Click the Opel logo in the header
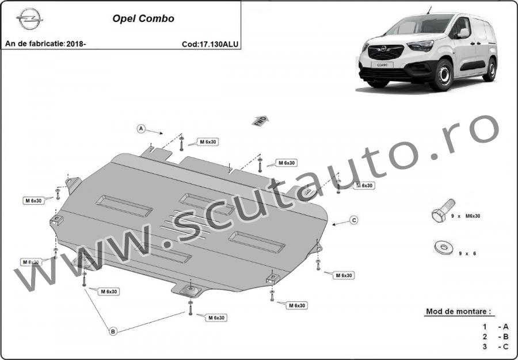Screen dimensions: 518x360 [x=29, y=19]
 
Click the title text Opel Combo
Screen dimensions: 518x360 [x=143, y=18]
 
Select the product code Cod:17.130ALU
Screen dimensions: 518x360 [x=210, y=44]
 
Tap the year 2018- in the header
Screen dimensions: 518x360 [x=76, y=44]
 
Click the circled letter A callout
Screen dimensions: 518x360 [x=141, y=129]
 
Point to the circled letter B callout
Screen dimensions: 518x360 [x=113, y=331]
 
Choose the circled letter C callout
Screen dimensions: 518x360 [x=354, y=220]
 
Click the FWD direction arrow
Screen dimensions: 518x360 [x=260, y=121]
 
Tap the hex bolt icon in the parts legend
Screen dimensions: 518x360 [x=443, y=210]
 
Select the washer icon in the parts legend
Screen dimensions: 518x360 [x=444, y=247]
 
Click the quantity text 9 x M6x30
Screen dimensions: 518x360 [x=466, y=216]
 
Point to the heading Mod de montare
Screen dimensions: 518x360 [x=458, y=311]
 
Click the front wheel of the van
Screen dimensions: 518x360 [x=442, y=75]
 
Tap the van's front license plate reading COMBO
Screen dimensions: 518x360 [x=382, y=65]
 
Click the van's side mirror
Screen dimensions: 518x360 [x=463, y=33]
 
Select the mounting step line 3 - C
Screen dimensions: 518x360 [x=495, y=347]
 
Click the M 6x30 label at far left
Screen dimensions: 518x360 [x=33, y=201]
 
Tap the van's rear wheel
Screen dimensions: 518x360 [x=490, y=70]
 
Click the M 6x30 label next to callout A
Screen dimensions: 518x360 [x=208, y=142]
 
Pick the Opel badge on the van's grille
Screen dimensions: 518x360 [x=383, y=49]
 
